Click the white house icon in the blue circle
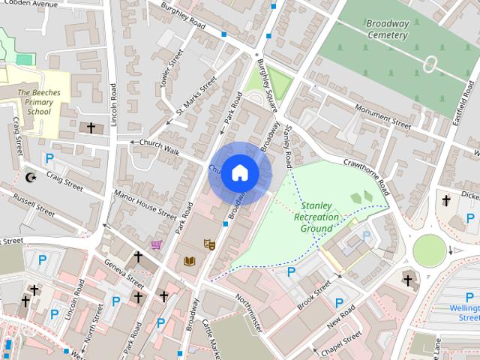(239, 173)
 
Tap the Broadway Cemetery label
(387, 28)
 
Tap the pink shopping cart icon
(156, 244)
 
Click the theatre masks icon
(209, 243)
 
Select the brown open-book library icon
(188, 261)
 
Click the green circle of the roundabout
(428, 249)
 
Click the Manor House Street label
(144, 204)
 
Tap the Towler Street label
(172, 69)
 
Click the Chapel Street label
(341, 342)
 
